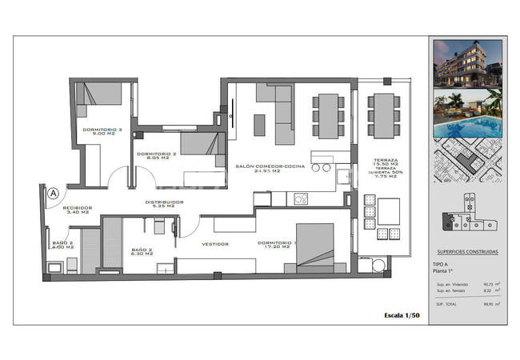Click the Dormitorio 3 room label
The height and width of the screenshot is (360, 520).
(x=102, y=129)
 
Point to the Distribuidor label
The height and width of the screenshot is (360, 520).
(x=165, y=202)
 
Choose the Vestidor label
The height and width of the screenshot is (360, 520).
(x=216, y=244)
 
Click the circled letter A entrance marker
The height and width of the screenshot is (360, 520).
(x=53, y=193)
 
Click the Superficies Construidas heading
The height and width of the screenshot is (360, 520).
(x=468, y=251)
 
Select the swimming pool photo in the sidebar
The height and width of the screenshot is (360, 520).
(x=468, y=116)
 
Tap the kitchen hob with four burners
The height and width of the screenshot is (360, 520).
(x=302, y=197)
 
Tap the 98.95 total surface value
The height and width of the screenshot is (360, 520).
(x=487, y=303)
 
